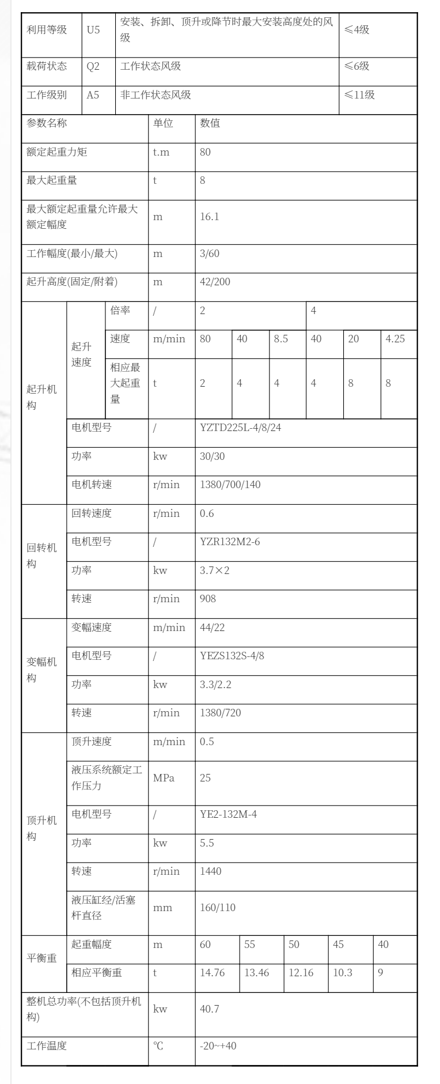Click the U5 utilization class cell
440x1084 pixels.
(x=93, y=30)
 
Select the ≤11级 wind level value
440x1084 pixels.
(x=359, y=95)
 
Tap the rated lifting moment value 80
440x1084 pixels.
(x=205, y=152)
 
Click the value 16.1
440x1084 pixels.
(x=209, y=217)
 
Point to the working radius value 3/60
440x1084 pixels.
(x=209, y=254)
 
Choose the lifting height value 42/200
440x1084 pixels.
(x=214, y=282)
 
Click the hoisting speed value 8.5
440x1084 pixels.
(x=280, y=339)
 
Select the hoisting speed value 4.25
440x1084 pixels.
(x=395, y=339)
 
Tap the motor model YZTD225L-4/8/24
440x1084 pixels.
(x=240, y=428)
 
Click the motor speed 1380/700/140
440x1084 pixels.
(x=230, y=485)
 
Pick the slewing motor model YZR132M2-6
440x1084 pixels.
(x=229, y=542)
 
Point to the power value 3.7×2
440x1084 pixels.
(x=214, y=571)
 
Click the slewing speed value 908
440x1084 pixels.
(x=208, y=599)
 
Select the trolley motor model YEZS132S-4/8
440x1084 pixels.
(x=232, y=656)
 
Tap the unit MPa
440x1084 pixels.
(x=164, y=778)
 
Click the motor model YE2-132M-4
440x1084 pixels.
(x=228, y=814)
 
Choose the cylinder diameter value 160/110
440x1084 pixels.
(x=218, y=908)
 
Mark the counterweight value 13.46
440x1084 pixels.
(x=256, y=973)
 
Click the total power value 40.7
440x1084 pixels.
(x=209, y=1009)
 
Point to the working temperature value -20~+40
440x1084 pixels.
(x=218, y=1045)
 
